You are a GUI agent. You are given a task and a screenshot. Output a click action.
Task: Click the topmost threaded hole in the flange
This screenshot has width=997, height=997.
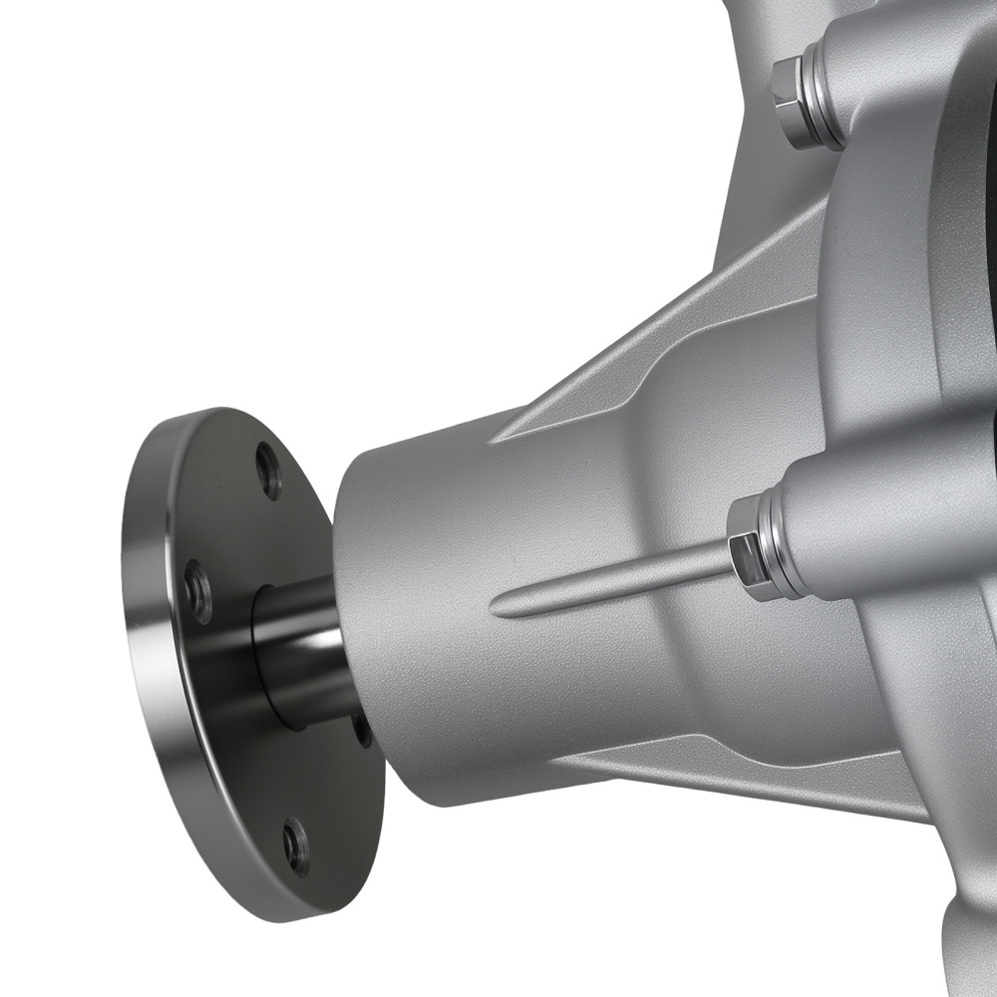tap(268, 471)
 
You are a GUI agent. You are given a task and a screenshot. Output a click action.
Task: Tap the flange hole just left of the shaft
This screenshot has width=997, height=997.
tap(198, 591)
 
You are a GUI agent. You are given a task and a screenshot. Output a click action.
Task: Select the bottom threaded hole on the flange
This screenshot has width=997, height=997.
tap(295, 846)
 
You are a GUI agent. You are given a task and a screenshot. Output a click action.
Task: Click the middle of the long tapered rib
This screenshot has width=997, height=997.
tap(618, 583)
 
